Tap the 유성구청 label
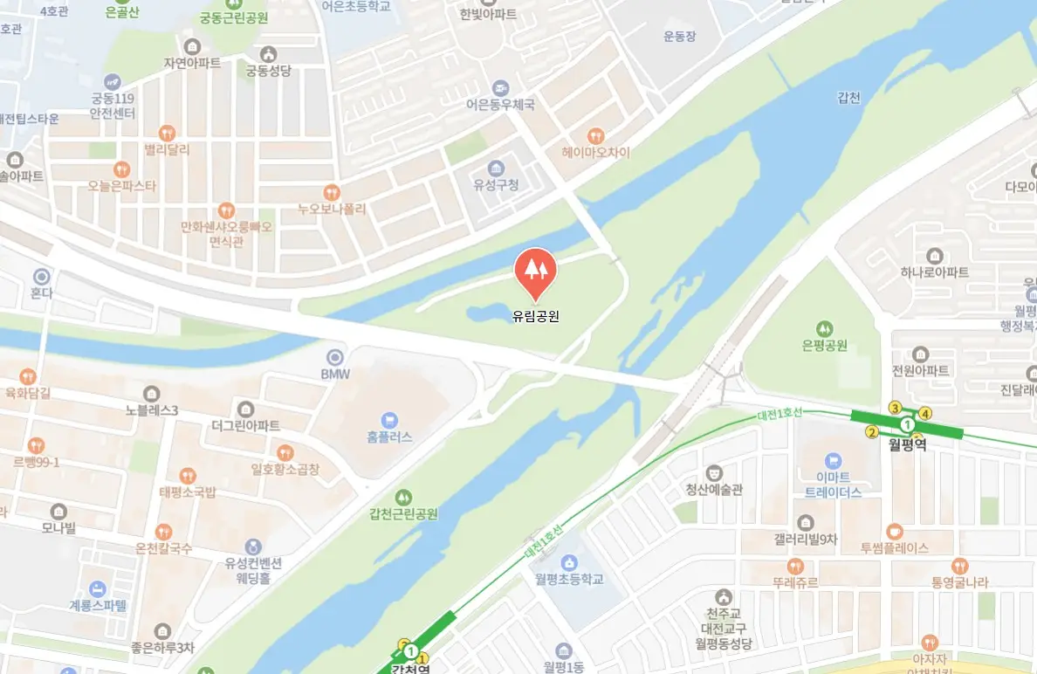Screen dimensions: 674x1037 (x=496, y=185)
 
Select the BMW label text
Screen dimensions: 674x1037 (x=335, y=375)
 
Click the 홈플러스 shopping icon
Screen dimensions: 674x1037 (x=389, y=419)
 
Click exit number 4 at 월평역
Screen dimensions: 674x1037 (x=925, y=414)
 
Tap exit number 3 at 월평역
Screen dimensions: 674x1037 (x=894, y=407)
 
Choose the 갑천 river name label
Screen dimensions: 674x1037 (x=848, y=98)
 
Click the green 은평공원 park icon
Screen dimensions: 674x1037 (x=825, y=327)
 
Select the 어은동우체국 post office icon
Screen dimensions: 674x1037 (x=500, y=87)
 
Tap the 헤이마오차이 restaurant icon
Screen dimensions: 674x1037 (x=596, y=135)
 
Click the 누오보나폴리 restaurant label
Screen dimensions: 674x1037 (x=332, y=210)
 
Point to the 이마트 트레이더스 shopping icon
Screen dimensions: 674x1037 (x=833, y=459)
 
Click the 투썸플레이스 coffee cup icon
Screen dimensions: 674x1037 (x=894, y=531)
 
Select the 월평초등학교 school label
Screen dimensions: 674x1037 (x=569, y=578)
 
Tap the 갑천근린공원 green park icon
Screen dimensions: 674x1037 (x=402, y=497)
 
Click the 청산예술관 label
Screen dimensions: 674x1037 (x=714, y=490)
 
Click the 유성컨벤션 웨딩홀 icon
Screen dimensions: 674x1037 (x=253, y=547)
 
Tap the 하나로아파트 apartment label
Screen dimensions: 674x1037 (x=935, y=272)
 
